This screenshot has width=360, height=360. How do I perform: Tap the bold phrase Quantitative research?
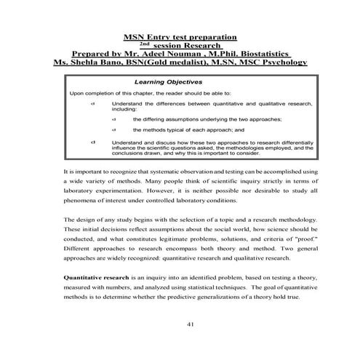click(x=97, y=278)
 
